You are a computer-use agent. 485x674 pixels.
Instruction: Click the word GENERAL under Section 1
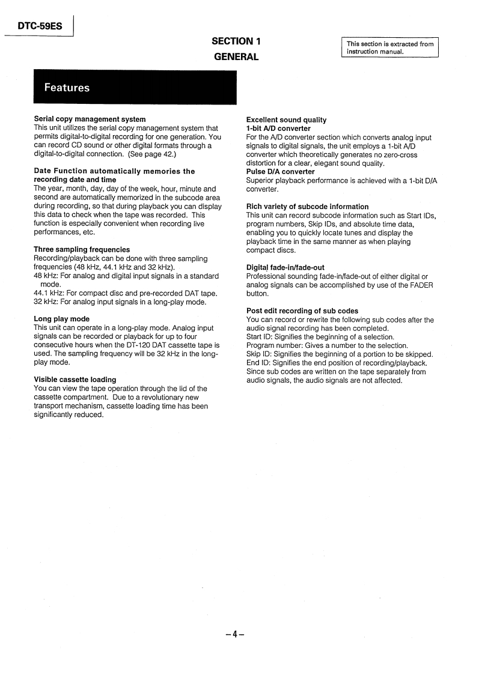pyautogui.click(x=236, y=57)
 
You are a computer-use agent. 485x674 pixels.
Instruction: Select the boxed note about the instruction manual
pyautogui.click(x=390, y=47)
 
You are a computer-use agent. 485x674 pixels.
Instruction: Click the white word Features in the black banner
pyautogui.click(x=67, y=88)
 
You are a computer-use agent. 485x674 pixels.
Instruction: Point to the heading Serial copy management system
pyautogui.click(x=90, y=120)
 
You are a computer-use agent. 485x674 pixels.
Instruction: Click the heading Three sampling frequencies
pyautogui.click(x=82, y=249)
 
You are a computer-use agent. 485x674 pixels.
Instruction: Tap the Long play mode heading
pyautogui.click(x=62, y=319)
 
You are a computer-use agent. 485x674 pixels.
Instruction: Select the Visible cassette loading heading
pyautogui.click(x=75, y=380)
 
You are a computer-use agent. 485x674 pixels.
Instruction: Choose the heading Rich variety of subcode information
pyautogui.click(x=308, y=207)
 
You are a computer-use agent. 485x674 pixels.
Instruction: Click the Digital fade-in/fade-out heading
pyautogui.click(x=285, y=267)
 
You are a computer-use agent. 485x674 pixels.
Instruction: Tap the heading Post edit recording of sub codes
pyautogui.click(x=302, y=311)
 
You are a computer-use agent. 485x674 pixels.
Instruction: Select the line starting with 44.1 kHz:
pyautogui.click(x=126, y=293)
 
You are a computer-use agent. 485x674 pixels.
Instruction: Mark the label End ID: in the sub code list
pyautogui.click(x=259, y=363)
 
